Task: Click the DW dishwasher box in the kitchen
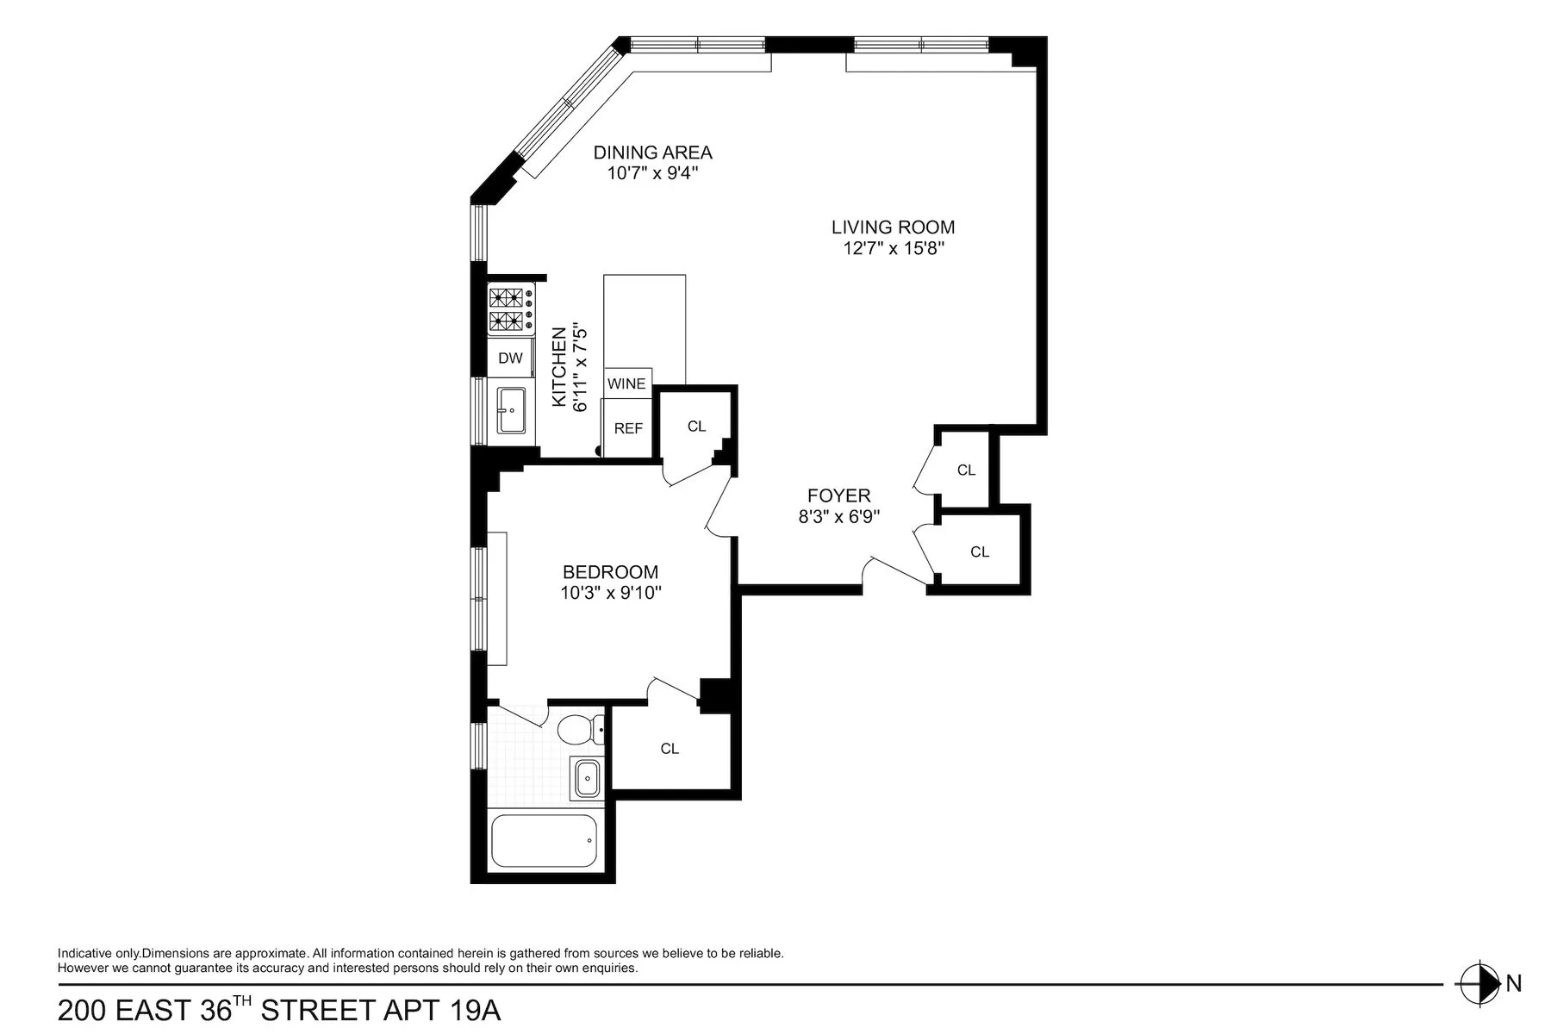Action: tap(510, 358)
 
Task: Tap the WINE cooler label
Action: tap(626, 383)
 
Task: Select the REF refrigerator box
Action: tap(628, 428)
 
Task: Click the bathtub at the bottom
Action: tap(543, 841)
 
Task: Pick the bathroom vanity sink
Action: tap(588, 779)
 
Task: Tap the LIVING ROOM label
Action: tap(893, 227)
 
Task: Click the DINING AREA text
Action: tap(652, 153)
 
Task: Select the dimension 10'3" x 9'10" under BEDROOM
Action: tap(610, 593)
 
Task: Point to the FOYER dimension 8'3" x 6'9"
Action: tap(838, 517)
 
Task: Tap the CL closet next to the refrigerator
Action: tap(696, 427)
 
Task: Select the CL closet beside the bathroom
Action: tap(670, 749)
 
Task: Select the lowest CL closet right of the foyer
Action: tap(980, 551)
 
